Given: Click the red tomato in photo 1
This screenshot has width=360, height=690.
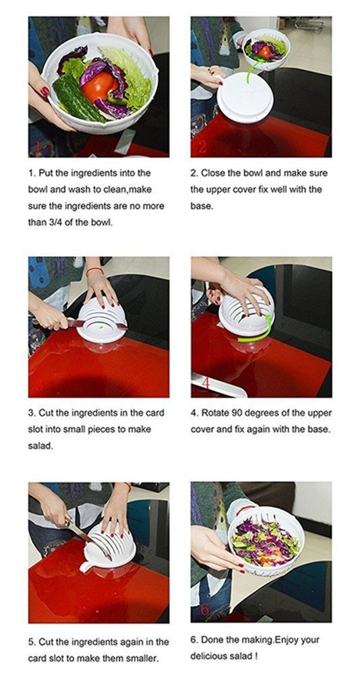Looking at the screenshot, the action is click(100, 87).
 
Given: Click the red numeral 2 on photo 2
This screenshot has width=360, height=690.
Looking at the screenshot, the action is click(202, 146).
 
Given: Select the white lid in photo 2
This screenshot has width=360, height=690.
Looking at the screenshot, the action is click(245, 97).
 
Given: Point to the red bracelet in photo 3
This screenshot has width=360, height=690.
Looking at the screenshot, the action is click(94, 270).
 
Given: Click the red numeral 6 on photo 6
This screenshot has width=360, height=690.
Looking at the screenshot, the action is click(204, 610).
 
